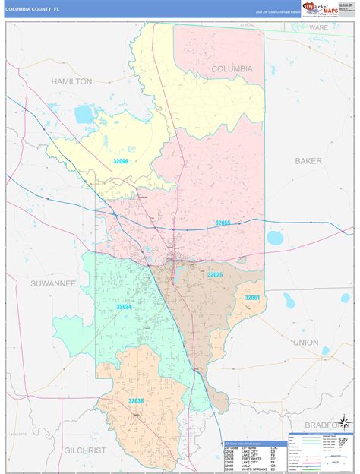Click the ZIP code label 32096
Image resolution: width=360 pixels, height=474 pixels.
coord(121,162)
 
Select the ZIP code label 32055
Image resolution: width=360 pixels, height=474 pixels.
coord(223,223)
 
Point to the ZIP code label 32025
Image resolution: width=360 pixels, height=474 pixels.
coord(215,274)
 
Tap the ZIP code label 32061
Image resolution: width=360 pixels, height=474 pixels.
coord(251,298)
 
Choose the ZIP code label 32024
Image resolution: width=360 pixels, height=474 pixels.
coord(125,307)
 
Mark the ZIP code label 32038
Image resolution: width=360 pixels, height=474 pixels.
coord(136,400)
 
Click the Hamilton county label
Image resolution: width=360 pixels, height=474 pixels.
coord(71,81)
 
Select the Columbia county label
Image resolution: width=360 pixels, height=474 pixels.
coord(232,68)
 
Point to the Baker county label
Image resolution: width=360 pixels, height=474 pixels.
coord(308,161)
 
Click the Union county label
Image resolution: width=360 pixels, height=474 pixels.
coord(305,342)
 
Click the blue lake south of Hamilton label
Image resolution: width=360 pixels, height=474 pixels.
coord(84,115)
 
